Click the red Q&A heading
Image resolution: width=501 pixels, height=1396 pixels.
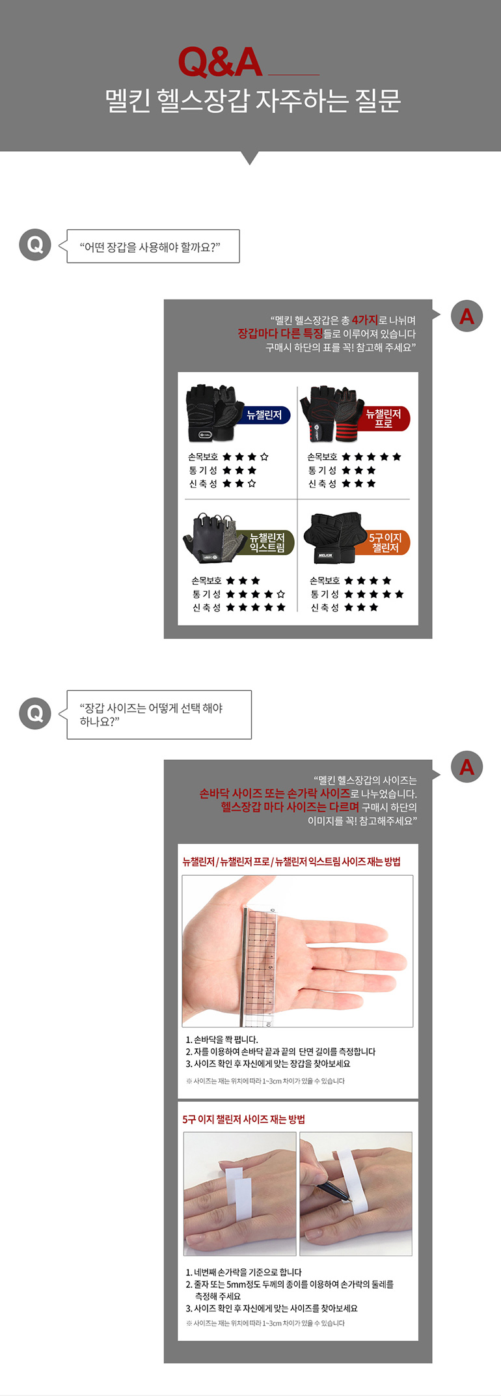click(220, 63)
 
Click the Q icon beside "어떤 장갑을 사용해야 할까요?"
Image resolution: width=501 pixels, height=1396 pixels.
click(35, 245)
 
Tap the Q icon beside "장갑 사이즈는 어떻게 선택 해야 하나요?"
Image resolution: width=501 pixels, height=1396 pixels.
click(35, 714)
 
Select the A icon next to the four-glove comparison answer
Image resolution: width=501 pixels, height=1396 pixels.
click(467, 316)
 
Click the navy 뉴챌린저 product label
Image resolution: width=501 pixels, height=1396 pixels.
click(264, 415)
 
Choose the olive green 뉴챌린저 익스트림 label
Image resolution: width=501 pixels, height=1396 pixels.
click(267, 542)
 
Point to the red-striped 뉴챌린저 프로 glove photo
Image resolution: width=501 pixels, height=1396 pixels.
click(331, 413)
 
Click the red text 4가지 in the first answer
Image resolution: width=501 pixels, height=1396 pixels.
click(364, 320)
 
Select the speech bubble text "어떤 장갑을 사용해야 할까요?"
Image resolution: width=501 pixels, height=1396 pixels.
click(150, 247)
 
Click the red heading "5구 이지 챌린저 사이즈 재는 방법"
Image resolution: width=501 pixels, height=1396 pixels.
click(243, 1119)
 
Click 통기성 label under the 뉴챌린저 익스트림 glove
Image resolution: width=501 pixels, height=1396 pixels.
click(206, 594)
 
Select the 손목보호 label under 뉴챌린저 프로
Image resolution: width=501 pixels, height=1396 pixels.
click(322, 456)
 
